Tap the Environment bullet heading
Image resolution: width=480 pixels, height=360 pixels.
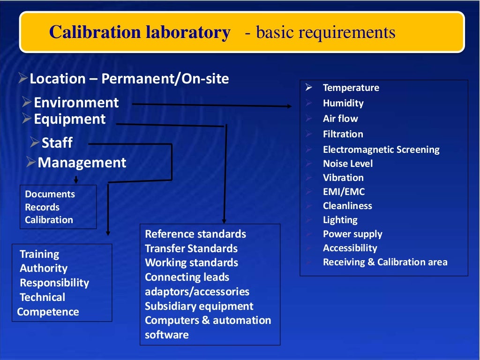[76, 103]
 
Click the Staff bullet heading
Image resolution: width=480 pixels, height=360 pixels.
[57, 142]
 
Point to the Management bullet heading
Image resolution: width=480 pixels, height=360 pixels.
[82, 163]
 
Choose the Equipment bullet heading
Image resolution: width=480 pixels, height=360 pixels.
[69, 119]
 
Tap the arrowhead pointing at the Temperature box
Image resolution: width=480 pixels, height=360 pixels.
[288, 106]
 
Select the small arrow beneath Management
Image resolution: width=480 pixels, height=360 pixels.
[76, 180]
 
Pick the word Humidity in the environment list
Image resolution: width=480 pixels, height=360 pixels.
[343, 103]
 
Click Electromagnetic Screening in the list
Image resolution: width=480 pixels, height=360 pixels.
[381, 150]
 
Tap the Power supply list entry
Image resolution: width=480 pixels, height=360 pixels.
[352, 234]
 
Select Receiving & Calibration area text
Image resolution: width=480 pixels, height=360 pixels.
[385, 262]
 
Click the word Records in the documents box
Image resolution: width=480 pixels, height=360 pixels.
[42, 207]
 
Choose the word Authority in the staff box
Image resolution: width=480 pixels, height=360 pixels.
[44, 269]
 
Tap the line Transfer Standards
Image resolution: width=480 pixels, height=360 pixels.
[191, 248]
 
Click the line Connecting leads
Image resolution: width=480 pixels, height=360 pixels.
[187, 277]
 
